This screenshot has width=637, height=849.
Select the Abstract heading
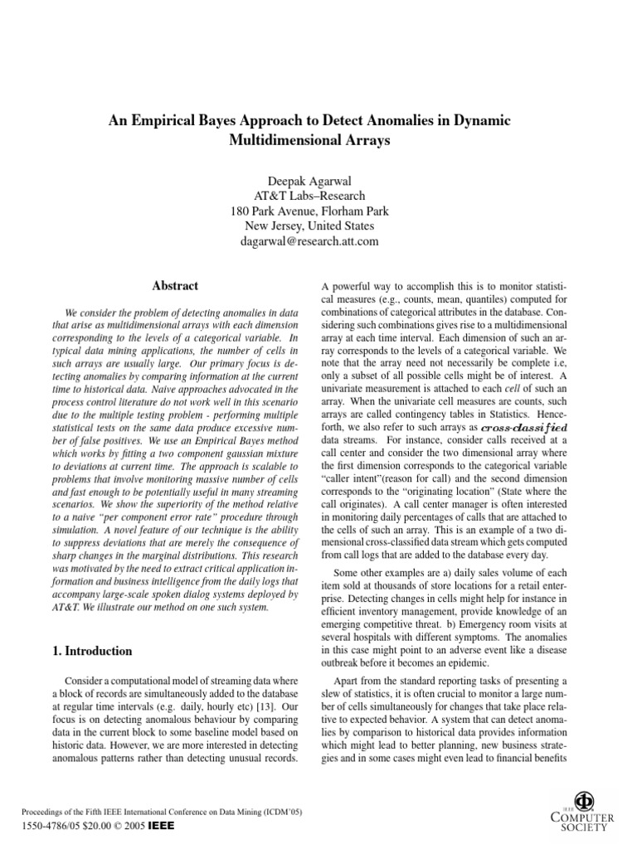[x=175, y=286]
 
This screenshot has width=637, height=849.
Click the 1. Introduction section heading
[x=93, y=651]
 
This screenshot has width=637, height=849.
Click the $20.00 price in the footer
[x=85, y=827]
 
